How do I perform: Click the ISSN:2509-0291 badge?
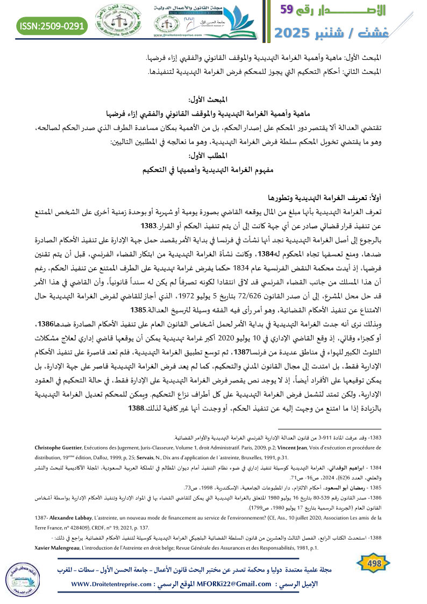pyautogui.click(x=52, y=25)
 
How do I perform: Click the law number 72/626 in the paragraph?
pyautogui.click(x=241, y=295)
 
